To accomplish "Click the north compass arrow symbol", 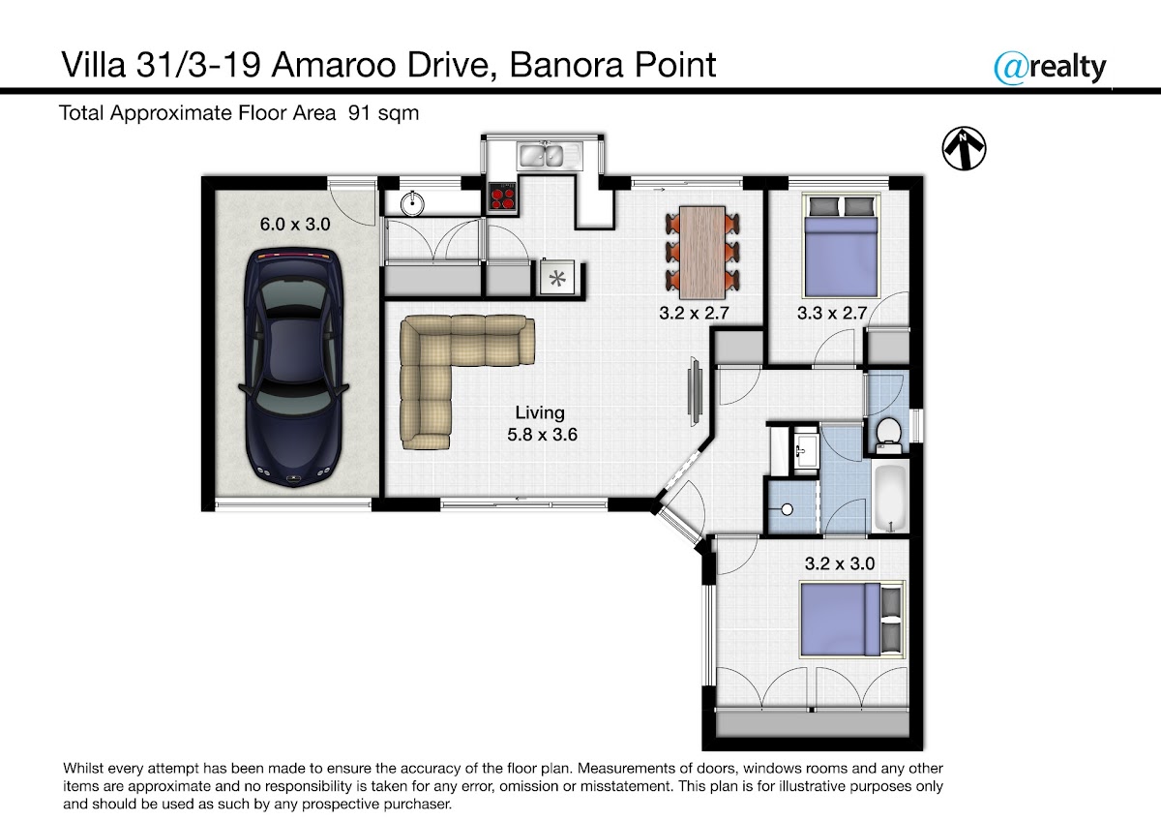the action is click(964, 148).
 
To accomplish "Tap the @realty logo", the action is click(1050, 68).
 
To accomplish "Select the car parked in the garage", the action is click(294, 368).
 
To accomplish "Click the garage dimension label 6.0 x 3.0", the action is click(295, 224).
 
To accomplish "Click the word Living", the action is click(540, 412).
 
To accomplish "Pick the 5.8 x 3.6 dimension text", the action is click(542, 434).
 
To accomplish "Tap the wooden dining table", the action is click(702, 253).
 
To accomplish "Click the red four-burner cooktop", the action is click(503, 198).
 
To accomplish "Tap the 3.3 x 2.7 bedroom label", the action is click(832, 313).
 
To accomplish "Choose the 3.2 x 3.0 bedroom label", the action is click(840, 563).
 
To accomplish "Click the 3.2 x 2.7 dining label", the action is click(694, 313).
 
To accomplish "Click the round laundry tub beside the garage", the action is click(412, 203).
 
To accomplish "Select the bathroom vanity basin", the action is click(807, 450).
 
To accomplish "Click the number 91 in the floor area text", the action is click(359, 113).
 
